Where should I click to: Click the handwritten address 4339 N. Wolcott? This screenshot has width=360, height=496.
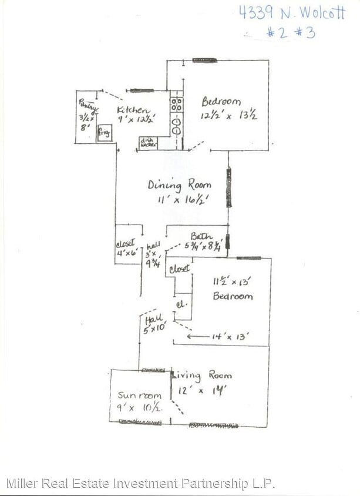[x=292, y=13]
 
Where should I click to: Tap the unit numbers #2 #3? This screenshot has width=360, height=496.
[x=292, y=32]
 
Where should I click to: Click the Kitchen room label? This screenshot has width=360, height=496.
[x=133, y=110]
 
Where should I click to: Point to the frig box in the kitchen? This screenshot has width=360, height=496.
[x=104, y=134]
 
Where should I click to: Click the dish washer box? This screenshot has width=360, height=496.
[x=147, y=143]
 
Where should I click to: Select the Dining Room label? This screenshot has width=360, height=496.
[x=179, y=185]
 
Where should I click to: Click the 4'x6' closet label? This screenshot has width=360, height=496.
[x=126, y=250]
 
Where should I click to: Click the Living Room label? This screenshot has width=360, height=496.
[x=201, y=375]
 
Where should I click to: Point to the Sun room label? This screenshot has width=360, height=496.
[x=139, y=396]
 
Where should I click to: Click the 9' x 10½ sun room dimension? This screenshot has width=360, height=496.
[x=139, y=407]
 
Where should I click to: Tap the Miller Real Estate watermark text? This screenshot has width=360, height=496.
[x=141, y=484]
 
